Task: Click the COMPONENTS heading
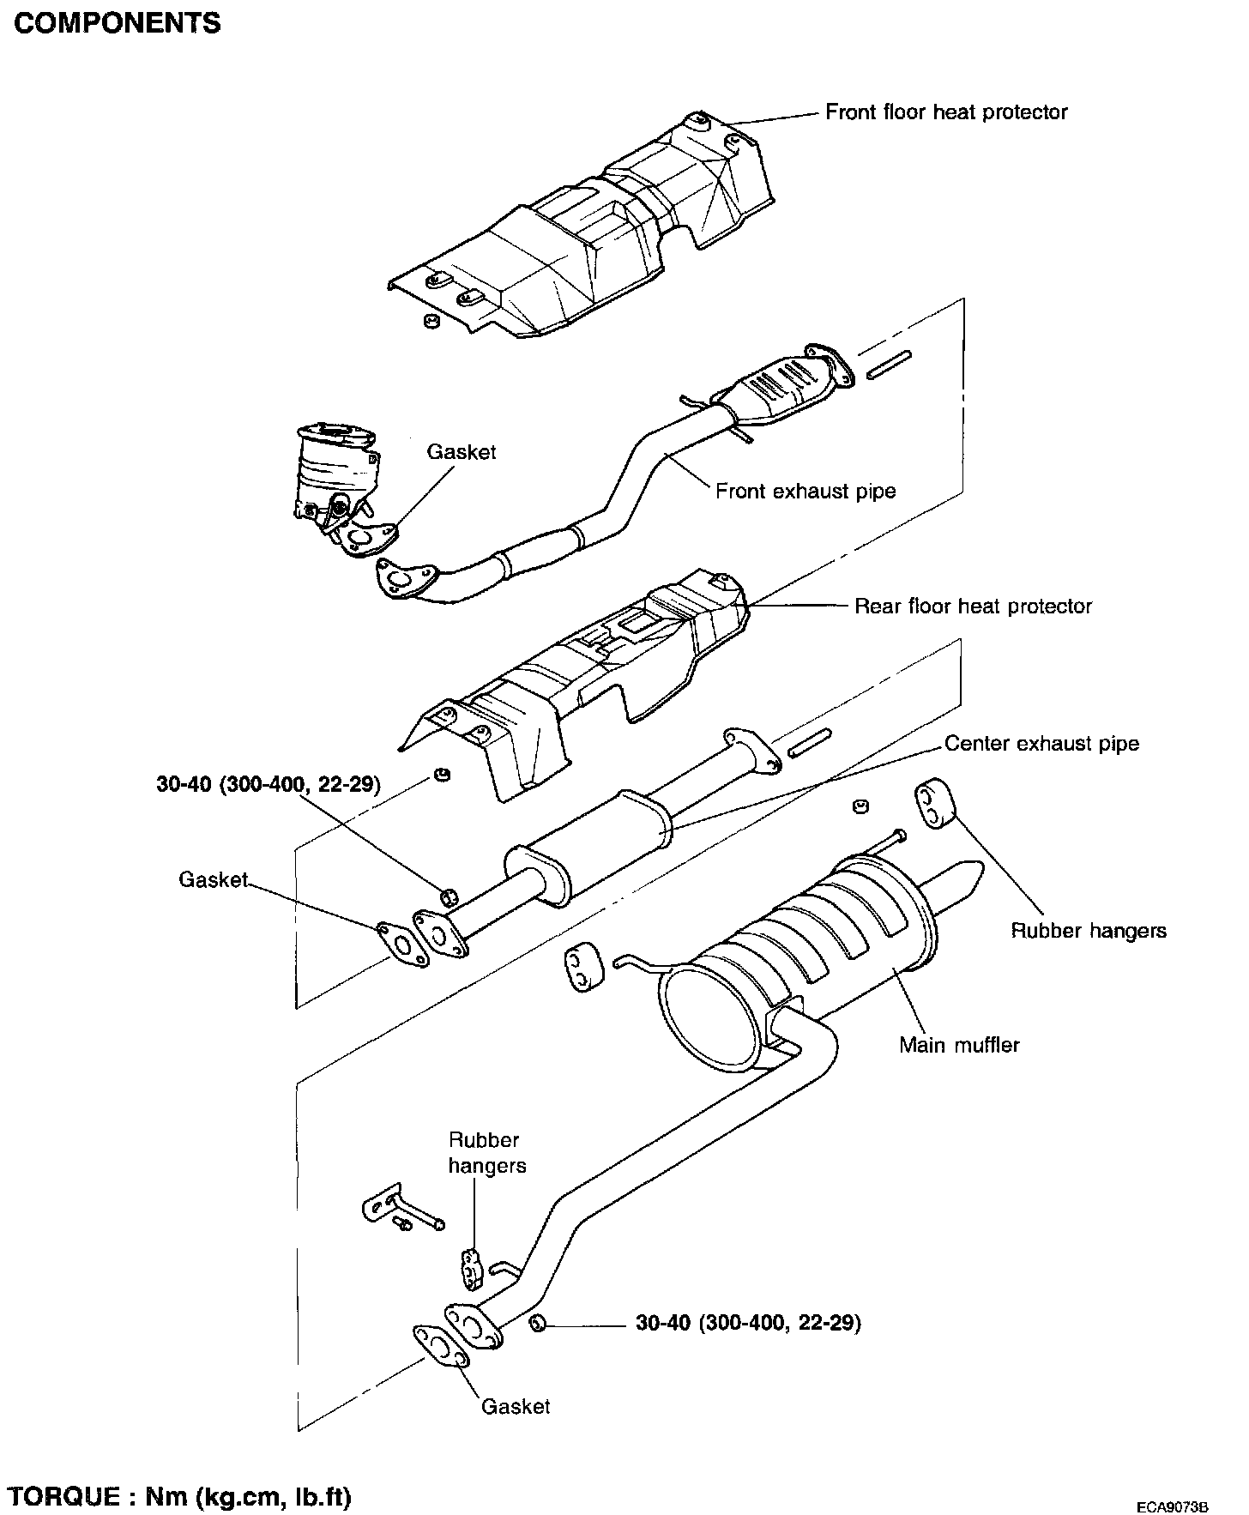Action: (x=118, y=23)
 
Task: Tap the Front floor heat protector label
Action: (x=946, y=112)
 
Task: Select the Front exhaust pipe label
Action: (x=806, y=492)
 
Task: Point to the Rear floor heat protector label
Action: (x=973, y=607)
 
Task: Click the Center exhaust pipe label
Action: (x=1041, y=744)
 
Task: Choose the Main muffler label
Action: (x=959, y=1045)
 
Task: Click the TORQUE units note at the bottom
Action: (x=180, y=1472)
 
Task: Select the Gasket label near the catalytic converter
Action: (x=462, y=452)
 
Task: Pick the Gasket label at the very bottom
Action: (x=516, y=1406)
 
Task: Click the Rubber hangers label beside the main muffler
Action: (x=1089, y=931)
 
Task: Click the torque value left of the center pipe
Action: (x=268, y=784)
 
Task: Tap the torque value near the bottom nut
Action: (x=748, y=1323)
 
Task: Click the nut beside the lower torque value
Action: (x=538, y=1323)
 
